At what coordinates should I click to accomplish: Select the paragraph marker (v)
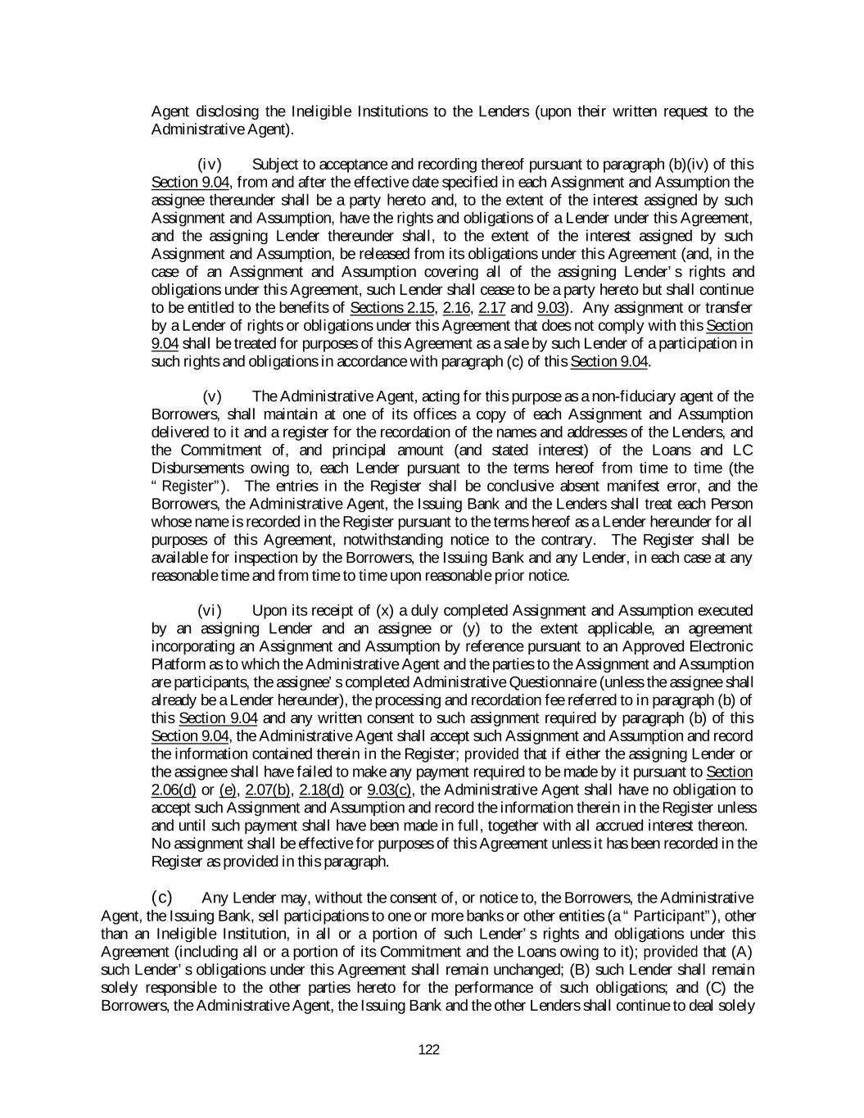pos(213,396)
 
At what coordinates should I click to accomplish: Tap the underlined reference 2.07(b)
pos(267,790)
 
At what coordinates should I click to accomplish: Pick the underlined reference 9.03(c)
pos(391,790)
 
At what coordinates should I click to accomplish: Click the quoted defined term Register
pos(186,487)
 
